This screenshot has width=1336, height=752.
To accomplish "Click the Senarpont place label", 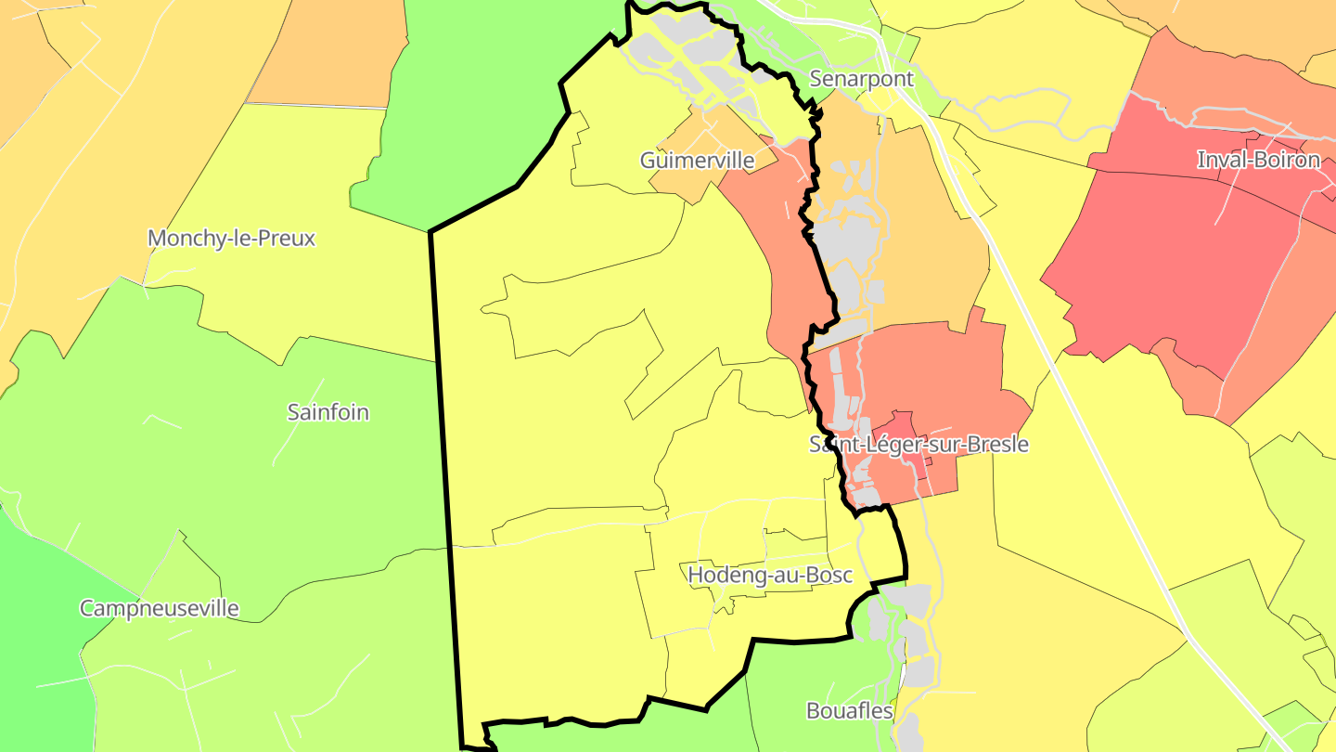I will [x=861, y=79].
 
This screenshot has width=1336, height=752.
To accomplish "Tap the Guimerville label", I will [x=697, y=161].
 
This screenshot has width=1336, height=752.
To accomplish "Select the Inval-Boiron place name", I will [x=1258, y=160].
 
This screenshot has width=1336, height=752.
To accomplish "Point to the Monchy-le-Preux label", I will [x=231, y=239].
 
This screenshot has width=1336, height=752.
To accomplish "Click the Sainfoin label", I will [x=328, y=412].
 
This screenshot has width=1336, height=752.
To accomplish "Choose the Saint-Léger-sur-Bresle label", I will [x=918, y=445].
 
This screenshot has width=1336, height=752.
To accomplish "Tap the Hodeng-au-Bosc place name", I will [x=756, y=576].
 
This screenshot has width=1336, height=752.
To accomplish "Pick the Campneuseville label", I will [x=159, y=609].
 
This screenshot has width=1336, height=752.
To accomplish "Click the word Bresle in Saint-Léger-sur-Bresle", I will [x=997, y=445].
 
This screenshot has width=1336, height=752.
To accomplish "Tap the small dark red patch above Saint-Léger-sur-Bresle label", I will [x=905, y=422].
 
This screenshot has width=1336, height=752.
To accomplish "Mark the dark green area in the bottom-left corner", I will [x=37, y=650].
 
